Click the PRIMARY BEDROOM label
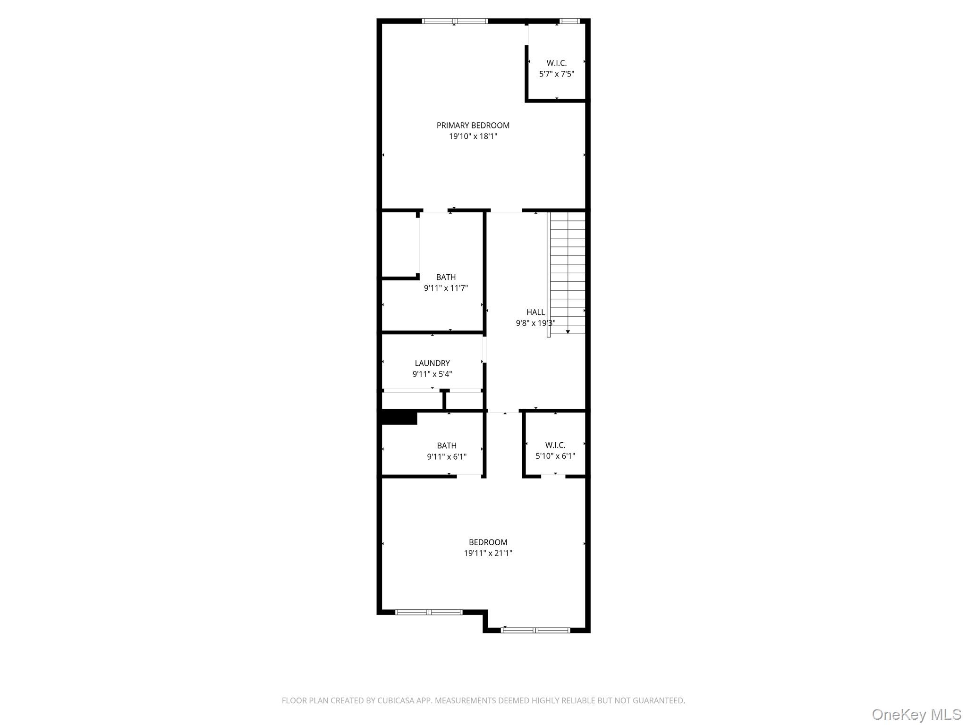pyautogui.click(x=473, y=125)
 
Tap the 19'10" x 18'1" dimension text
pyautogui.click(x=473, y=136)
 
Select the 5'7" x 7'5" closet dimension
pyautogui.click(x=556, y=74)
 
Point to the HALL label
pyautogui.click(x=535, y=312)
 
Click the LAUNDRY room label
pyautogui.click(x=432, y=363)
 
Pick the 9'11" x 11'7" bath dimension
pyautogui.click(x=446, y=288)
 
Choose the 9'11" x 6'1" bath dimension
pyautogui.click(x=447, y=456)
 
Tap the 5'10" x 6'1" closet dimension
pyautogui.click(x=555, y=456)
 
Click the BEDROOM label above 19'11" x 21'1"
pyautogui.click(x=488, y=542)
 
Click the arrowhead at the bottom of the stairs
pyautogui.click(x=568, y=332)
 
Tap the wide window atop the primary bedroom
pyautogui.click(x=455, y=21)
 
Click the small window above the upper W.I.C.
pyautogui.click(x=569, y=21)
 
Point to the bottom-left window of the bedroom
pyautogui.click(x=429, y=612)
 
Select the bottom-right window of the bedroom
pyautogui.click(x=535, y=630)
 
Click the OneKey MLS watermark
pyautogui.click(x=916, y=714)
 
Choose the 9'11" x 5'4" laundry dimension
pyautogui.click(x=432, y=374)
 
